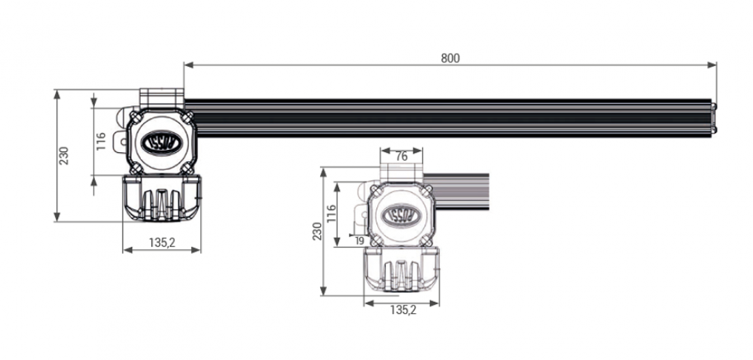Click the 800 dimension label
pyautogui.click(x=450, y=58)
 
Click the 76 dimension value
pyautogui.click(x=401, y=157)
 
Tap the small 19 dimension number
pyautogui.click(x=360, y=241)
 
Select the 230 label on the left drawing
pyautogui.click(x=64, y=156)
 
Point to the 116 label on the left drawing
pyautogui.click(x=101, y=142)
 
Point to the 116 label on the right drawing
pyautogui.click(x=330, y=213)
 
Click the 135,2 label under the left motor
pyautogui.click(x=162, y=243)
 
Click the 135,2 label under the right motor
pyautogui.click(x=403, y=310)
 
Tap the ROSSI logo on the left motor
pyautogui.click(x=162, y=143)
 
